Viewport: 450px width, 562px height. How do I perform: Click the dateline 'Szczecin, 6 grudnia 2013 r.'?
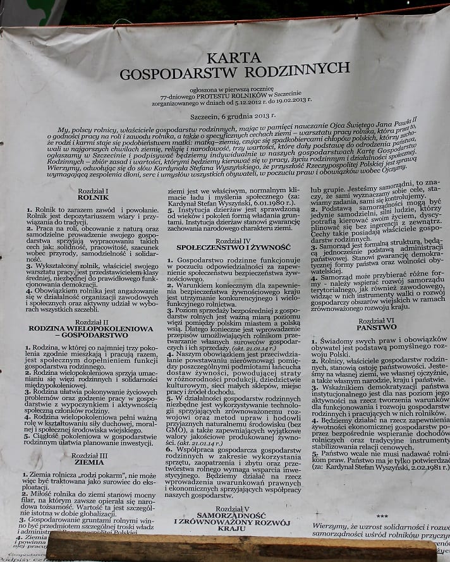point(224,117)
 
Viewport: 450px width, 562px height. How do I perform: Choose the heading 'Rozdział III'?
point(89,455)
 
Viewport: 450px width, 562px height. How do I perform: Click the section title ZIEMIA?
point(89,462)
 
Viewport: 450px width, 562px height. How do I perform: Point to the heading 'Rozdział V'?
point(228,508)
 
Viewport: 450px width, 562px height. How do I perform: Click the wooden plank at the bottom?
point(240,546)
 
